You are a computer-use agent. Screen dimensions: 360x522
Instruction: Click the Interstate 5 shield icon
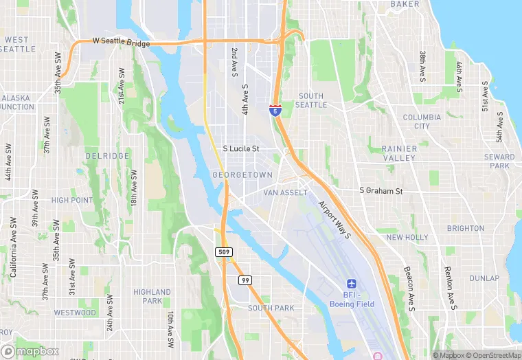(x=275, y=109)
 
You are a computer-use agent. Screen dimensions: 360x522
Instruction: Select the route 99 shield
(x=245, y=280)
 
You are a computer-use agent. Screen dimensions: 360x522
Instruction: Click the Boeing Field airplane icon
(x=352, y=284)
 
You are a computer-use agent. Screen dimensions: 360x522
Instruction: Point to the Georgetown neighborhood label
(x=242, y=175)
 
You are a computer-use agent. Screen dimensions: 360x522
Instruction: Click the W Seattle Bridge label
(x=121, y=42)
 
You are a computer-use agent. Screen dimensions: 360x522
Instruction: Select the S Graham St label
(x=381, y=191)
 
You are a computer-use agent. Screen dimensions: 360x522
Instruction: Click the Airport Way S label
(x=334, y=219)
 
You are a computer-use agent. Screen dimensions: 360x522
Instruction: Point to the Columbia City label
(x=422, y=122)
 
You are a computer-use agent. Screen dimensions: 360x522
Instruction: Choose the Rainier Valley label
(x=399, y=153)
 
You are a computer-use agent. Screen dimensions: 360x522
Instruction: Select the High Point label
(x=71, y=200)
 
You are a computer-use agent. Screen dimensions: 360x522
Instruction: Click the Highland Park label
(x=152, y=296)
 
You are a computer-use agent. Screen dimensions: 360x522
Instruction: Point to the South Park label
(x=271, y=308)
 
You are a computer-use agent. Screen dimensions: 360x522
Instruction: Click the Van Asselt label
(x=286, y=193)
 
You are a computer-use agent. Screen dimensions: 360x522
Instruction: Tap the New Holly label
(x=407, y=237)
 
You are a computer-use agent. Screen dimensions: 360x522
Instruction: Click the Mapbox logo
(x=30, y=350)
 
